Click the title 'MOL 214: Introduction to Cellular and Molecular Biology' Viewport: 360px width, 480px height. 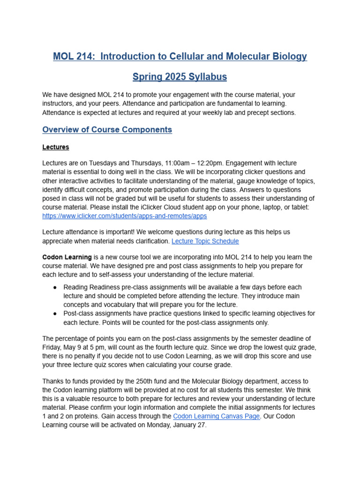pos(180,57)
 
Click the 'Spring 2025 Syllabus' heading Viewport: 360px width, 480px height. pos(180,77)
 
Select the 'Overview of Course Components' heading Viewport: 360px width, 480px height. pos(107,130)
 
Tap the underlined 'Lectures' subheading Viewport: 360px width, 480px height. pos(56,147)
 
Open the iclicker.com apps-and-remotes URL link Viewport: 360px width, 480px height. pos(124,216)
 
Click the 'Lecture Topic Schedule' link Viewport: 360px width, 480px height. pos(205,241)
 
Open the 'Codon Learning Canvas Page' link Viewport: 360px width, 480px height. pos(216,416)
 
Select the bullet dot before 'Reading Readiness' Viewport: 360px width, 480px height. pos(56,287)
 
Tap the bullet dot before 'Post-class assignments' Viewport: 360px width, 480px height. pos(56,314)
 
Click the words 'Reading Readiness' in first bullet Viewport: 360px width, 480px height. pos(90,287)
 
